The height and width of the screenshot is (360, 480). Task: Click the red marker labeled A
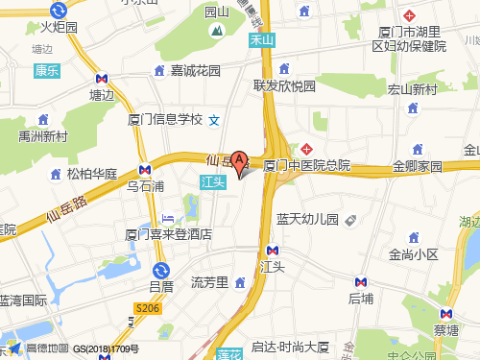click(x=240, y=161)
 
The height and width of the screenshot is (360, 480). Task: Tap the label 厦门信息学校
click(x=164, y=120)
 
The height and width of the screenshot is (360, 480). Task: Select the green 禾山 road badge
click(x=261, y=40)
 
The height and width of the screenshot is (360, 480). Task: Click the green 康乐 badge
click(x=47, y=70)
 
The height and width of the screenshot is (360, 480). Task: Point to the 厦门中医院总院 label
click(x=307, y=166)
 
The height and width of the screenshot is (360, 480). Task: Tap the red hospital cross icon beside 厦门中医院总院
click(x=307, y=149)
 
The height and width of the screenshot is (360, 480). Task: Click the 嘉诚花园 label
click(x=196, y=70)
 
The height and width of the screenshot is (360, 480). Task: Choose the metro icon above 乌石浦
click(x=145, y=169)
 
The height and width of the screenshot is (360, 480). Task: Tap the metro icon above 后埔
click(x=361, y=282)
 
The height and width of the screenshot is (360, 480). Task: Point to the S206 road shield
click(x=146, y=307)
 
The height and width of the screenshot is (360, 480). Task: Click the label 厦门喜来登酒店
click(x=168, y=233)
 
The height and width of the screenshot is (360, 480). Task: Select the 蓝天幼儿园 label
click(x=307, y=219)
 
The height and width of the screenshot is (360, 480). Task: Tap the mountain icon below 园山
click(x=219, y=31)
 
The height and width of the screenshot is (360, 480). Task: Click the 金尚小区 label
click(x=413, y=254)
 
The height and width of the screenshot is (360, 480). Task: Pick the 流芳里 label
click(x=208, y=281)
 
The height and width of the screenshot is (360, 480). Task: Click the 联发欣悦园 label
click(x=284, y=85)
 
